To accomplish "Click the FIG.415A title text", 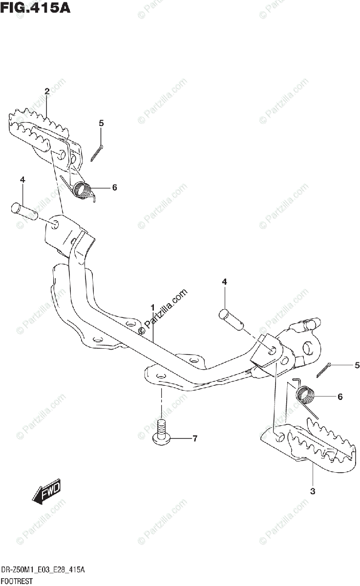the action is (x=35, y=8).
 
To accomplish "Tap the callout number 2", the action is (x=47, y=91).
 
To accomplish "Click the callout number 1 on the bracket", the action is (x=152, y=308).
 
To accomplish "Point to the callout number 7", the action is (x=194, y=439).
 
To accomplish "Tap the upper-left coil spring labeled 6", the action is (x=84, y=188).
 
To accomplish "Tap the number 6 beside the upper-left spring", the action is (x=114, y=187).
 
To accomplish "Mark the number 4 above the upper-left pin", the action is (x=22, y=181).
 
